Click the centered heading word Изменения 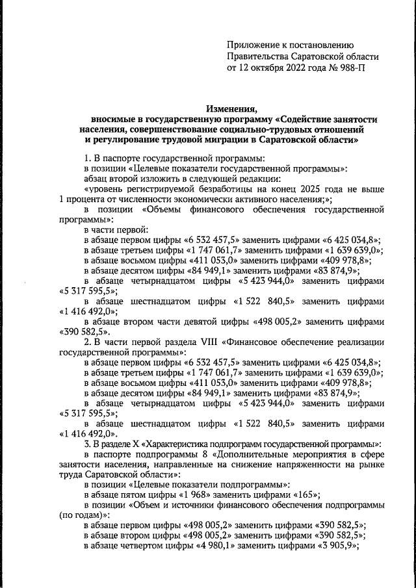click(x=232, y=109)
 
